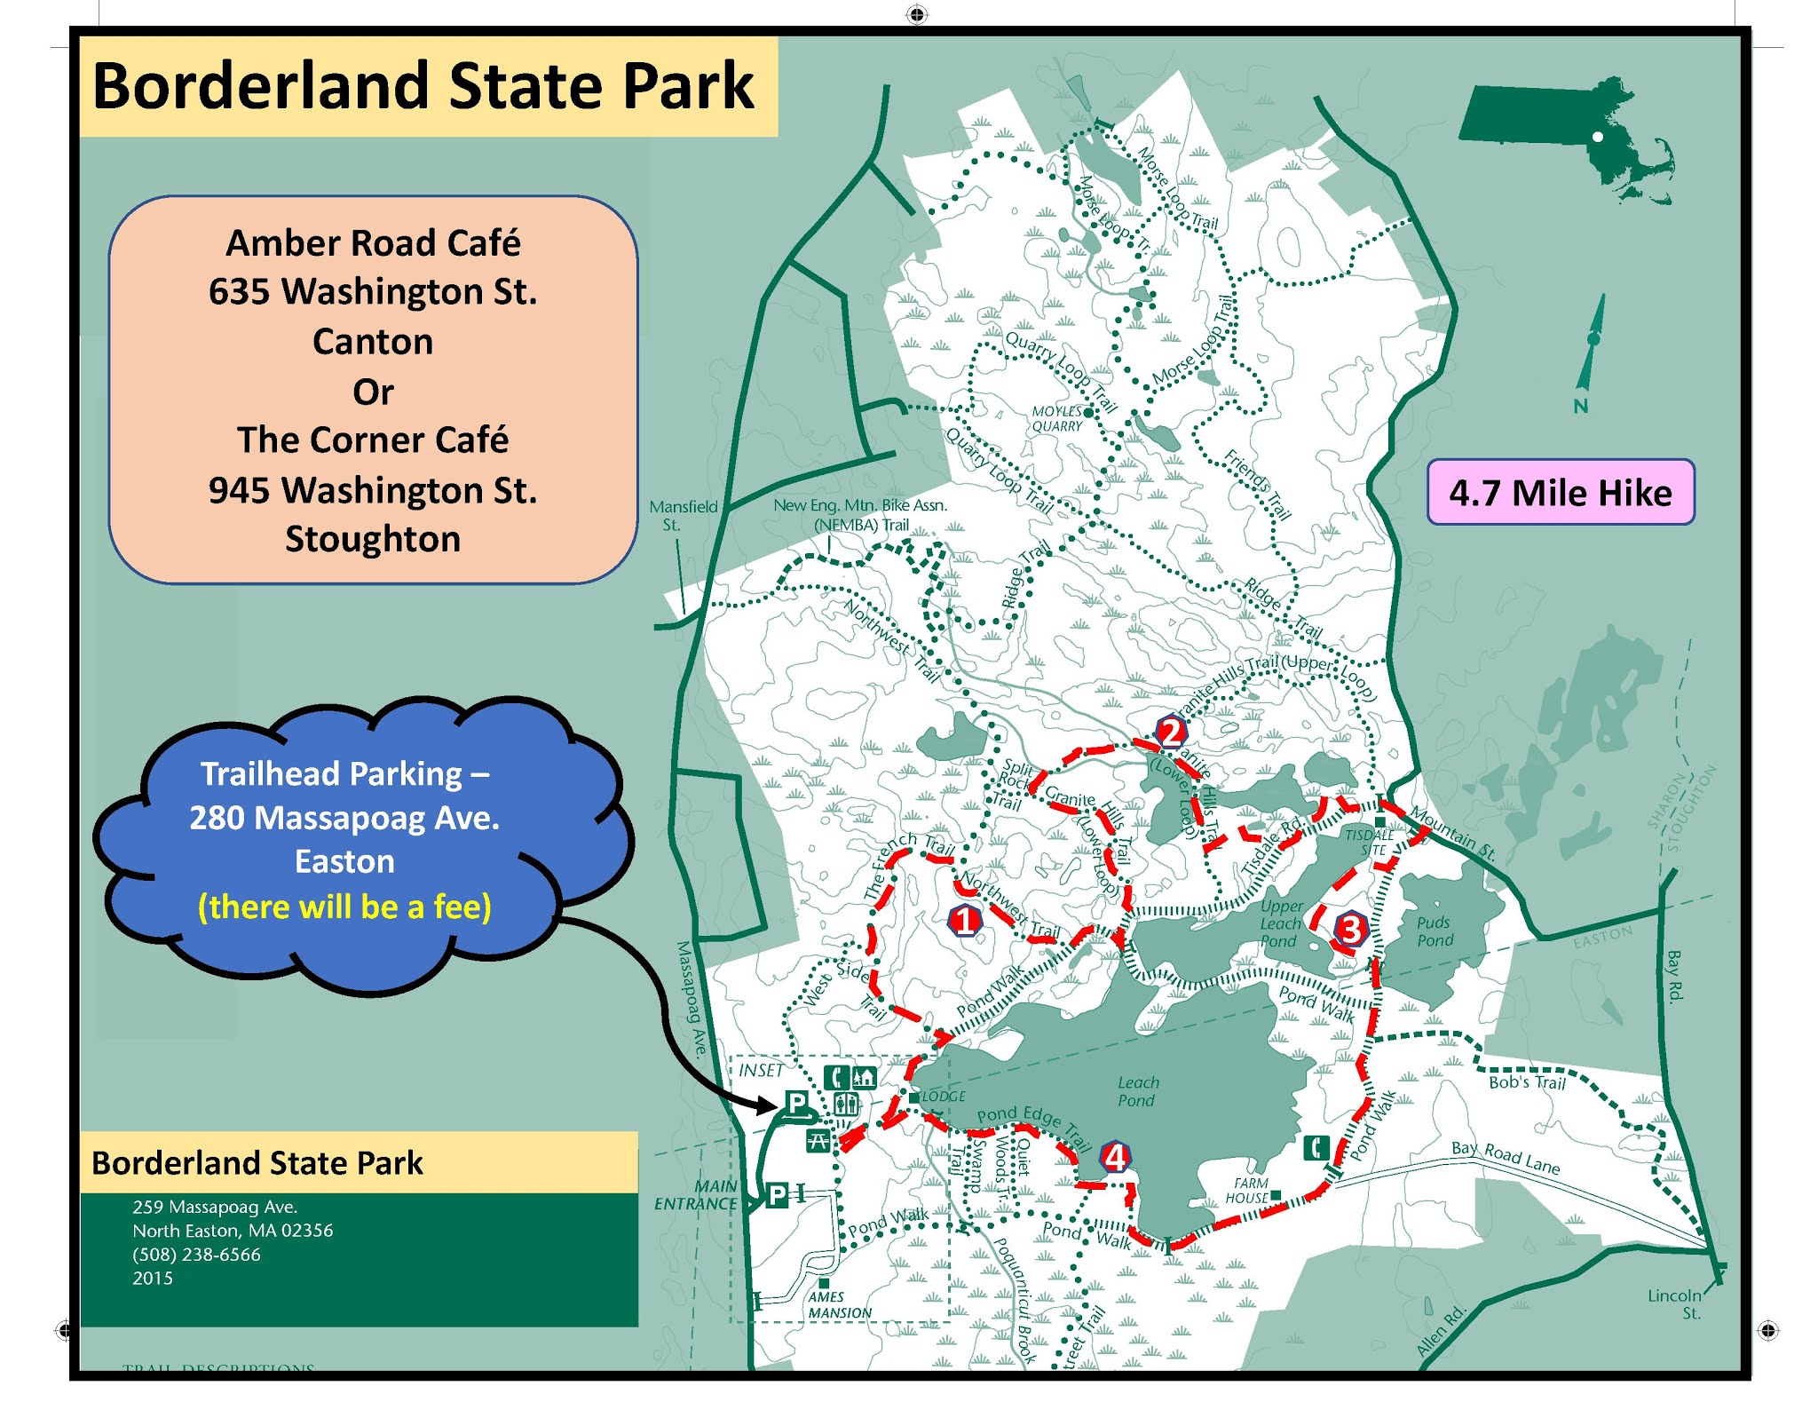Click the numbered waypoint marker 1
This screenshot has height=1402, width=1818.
pyautogui.click(x=965, y=920)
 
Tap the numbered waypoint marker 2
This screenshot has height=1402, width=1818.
pyautogui.click(x=1171, y=733)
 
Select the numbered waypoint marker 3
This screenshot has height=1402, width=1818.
pyautogui.click(x=1349, y=929)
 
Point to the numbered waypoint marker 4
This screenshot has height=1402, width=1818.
pyautogui.click(x=1115, y=1156)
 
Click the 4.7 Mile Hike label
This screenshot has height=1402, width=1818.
pyautogui.click(x=1560, y=492)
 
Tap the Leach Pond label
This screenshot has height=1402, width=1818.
pyautogui.click(x=1137, y=1091)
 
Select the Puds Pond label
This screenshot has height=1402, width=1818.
pyautogui.click(x=1435, y=931)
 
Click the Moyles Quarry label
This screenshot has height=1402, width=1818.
pyautogui.click(x=1056, y=418)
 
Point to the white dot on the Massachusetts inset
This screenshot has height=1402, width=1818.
pyautogui.click(x=1597, y=137)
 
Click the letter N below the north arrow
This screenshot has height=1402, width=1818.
pyautogui.click(x=1580, y=406)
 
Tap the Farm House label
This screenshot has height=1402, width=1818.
pyautogui.click(x=1250, y=1190)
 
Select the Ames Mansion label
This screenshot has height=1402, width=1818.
pyautogui.click(x=839, y=1304)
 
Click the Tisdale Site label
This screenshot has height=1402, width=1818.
pyautogui.click(x=1370, y=842)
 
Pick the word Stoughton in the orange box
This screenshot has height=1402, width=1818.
pyautogui.click(x=373, y=539)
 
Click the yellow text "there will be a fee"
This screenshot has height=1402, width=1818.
pyautogui.click(x=344, y=907)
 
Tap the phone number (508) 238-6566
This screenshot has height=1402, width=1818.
pyautogui.click(x=196, y=1254)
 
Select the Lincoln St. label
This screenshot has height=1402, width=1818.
pyautogui.click(x=1674, y=1303)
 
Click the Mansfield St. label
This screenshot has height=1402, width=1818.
pyautogui.click(x=682, y=515)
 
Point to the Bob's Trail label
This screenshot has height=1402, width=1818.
pyautogui.click(x=1527, y=1082)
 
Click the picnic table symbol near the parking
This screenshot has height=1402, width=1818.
pyautogui.click(x=818, y=1140)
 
